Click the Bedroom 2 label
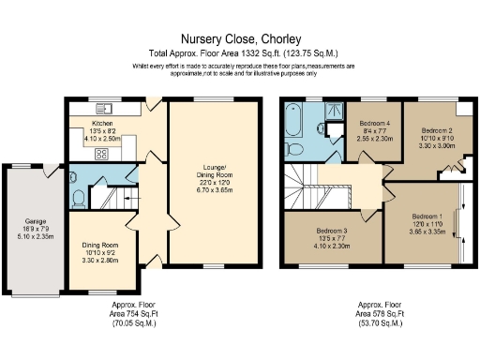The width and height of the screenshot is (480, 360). pyautogui.click(x=435, y=130)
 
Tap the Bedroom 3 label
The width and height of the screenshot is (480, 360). pyautogui.click(x=332, y=231)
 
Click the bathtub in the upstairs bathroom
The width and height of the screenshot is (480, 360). pyautogui.click(x=293, y=123)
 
